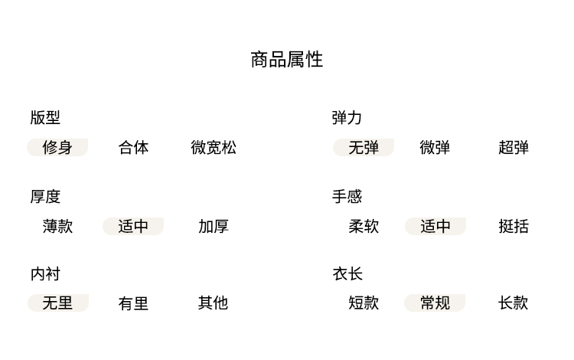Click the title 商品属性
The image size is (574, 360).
click(287, 60)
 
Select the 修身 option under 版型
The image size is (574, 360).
click(57, 147)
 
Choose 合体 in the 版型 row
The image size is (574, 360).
click(133, 147)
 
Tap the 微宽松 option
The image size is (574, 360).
click(214, 147)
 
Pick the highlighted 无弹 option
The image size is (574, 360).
click(364, 147)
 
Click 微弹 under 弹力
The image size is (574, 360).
click(435, 147)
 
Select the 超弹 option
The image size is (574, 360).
click(514, 147)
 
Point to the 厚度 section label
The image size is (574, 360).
click(45, 197)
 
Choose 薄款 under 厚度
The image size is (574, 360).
click(57, 226)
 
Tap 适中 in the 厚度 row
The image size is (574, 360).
click(133, 226)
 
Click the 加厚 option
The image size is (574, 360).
click(214, 226)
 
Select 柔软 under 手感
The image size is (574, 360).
click(364, 226)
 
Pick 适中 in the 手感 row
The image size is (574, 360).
click(435, 226)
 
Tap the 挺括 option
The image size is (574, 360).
click(514, 226)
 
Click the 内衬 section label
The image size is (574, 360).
click(45, 274)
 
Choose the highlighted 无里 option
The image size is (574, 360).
click(57, 303)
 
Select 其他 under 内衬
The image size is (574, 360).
click(214, 303)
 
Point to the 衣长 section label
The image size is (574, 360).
click(347, 274)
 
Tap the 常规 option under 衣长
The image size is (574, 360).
click(435, 303)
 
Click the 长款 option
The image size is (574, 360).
click(514, 303)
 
